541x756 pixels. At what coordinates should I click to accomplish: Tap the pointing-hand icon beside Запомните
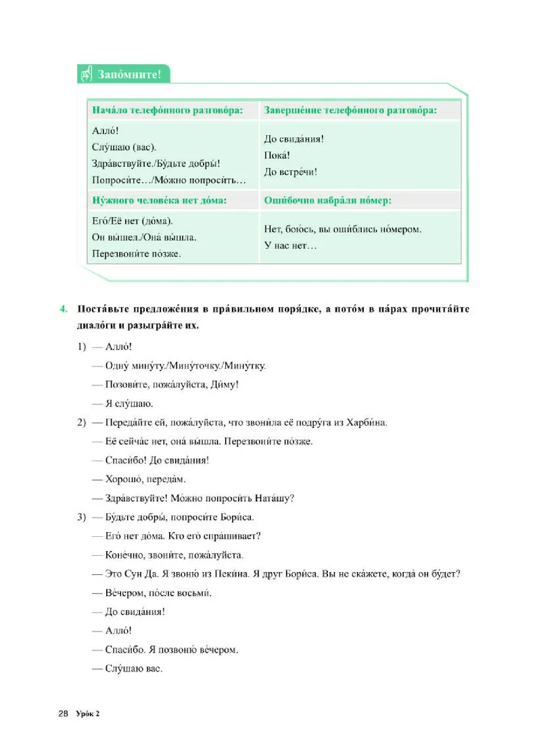[x=87, y=74]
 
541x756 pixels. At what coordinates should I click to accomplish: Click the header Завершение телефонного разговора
[x=350, y=110]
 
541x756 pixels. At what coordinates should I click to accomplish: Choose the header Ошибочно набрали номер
[x=327, y=200]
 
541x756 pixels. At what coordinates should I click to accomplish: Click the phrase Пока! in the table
[x=278, y=156]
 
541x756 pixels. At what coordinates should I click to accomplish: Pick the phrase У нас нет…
[x=290, y=245]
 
